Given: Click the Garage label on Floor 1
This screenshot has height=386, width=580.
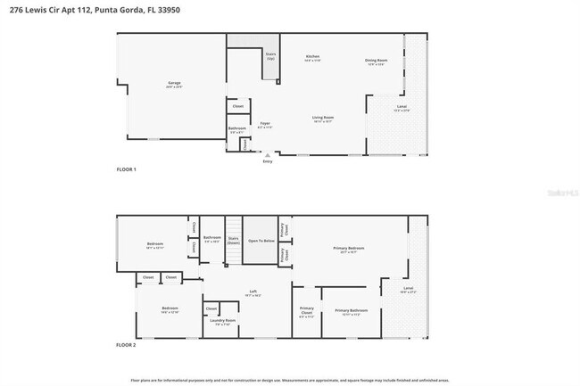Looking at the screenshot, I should coord(174,84).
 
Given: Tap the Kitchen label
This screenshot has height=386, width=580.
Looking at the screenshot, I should coord(312,57).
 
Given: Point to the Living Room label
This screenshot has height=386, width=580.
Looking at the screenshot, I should coord(322,118).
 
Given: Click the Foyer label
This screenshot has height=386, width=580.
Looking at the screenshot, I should coord(264,124).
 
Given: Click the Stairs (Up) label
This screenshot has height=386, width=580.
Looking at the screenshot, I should coord(270,55).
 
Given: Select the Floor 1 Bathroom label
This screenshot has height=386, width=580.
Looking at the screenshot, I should coord(236,128).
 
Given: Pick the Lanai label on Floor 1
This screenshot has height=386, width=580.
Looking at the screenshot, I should coord(402,107).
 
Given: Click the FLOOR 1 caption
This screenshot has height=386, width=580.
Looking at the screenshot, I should coord(127,168).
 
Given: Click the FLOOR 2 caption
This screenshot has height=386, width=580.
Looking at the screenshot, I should coord(127,344).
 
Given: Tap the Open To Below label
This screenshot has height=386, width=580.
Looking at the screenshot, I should coord(261,240).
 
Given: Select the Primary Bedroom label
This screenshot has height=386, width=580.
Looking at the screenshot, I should coord(349,248).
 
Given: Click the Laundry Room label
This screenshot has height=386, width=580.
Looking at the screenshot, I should coord(223,320).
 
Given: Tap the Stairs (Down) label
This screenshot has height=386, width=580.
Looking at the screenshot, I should coord(234,239).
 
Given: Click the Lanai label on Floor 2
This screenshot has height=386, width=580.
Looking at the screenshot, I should coord(408,288).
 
